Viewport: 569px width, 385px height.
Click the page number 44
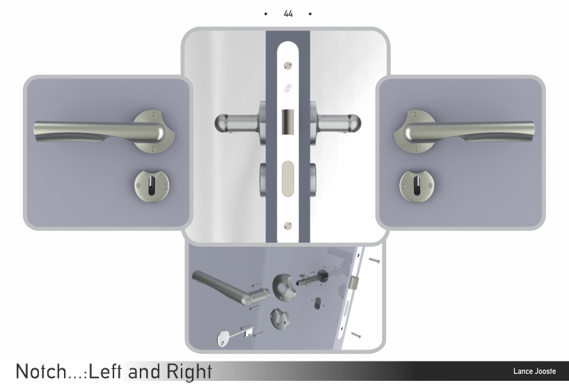coord(288,14)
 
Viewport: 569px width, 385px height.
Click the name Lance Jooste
coord(534,371)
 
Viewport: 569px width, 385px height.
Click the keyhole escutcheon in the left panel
coord(152,186)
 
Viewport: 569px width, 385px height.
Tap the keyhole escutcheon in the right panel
coord(416,186)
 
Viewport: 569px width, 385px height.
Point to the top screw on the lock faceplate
coord(288,65)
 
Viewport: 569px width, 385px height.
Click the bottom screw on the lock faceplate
coord(288,225)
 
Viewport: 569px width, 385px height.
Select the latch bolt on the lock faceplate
coord(288,122)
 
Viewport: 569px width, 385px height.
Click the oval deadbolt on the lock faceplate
coord(288,179)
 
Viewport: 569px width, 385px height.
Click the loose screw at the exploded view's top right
coord(374,261)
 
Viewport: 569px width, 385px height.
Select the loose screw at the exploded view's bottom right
coord(356,336)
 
